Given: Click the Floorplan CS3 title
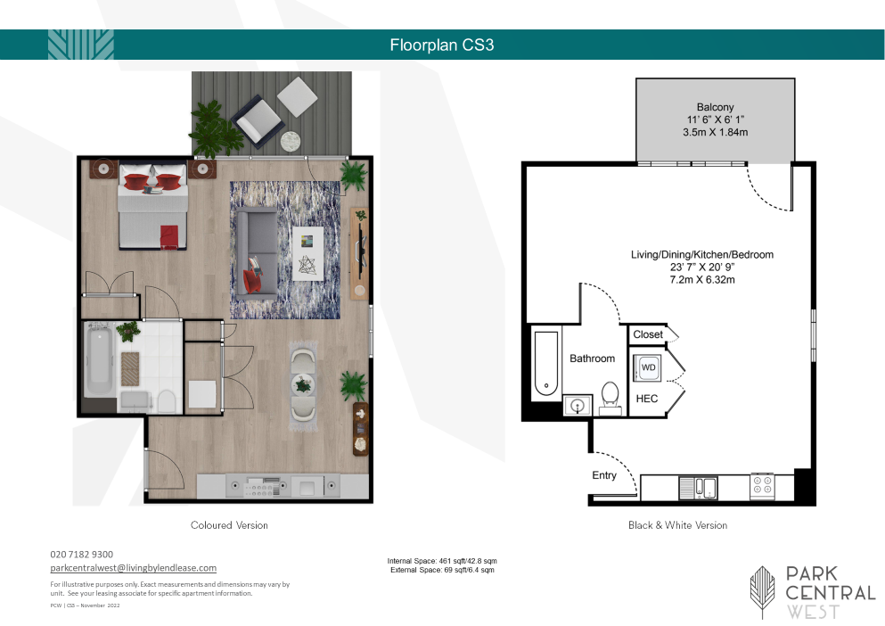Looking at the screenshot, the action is pos(442,45).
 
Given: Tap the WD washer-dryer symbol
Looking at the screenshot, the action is pos(648,367).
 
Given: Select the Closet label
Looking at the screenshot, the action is pos(647,334).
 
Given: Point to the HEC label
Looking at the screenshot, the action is pos(647,399).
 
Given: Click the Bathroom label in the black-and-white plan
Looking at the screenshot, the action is pos(592,358).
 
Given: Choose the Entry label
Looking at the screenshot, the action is pos(604,475).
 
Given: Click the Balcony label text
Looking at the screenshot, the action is pos(715,107).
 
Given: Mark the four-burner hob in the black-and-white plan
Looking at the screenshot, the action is pos(763,486).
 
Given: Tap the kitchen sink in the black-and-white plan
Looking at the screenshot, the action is pos(698,488).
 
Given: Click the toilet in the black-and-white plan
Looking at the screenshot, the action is pos(610,397).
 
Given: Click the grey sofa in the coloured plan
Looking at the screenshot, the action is pos(257,252).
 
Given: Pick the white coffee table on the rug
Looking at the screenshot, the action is pos(307,253).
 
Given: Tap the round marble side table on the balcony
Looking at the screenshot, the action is pos(291,140).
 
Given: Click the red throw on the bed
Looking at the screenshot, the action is pos(168,236).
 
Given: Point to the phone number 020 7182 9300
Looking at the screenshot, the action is pos(81,555).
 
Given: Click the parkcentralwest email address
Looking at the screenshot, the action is pos(133,568).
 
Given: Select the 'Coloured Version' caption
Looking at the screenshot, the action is pos(229,525).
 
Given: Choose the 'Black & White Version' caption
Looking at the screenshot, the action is pos(678,525).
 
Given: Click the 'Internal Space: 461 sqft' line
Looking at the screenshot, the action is pos(442,561).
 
